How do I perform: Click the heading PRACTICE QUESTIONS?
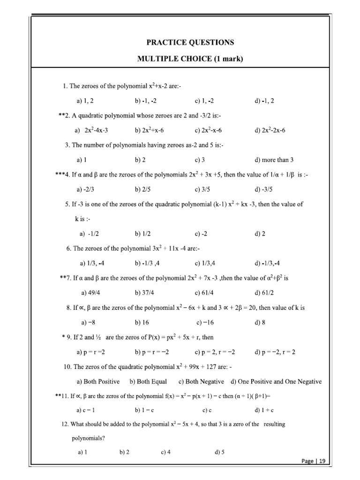(x=190, y=42)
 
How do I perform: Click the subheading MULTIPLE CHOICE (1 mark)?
(x=190, y=59)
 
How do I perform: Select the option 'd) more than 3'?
(x=274, y=160)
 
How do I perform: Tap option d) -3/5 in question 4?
(x=263, y=189)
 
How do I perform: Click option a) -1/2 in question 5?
(x=89, y=233)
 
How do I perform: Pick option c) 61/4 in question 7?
(x=205, y=292)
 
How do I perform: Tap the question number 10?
(x=67, y=366)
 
